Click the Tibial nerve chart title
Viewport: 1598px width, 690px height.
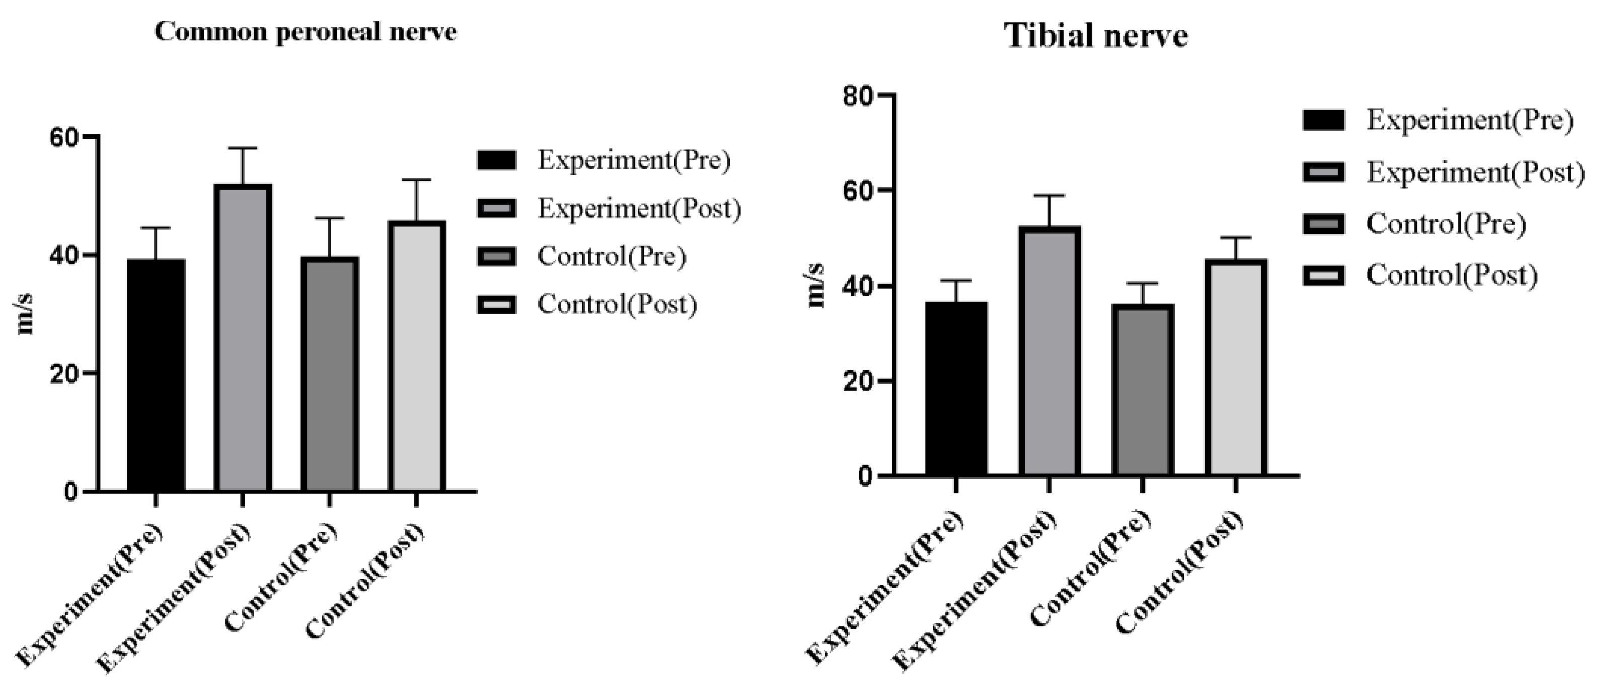1096,35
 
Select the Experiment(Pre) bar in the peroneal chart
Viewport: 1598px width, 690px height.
156,375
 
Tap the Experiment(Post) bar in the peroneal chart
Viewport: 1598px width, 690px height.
243,338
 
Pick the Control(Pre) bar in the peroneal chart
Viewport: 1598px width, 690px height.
329,374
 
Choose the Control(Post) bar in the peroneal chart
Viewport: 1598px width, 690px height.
416,356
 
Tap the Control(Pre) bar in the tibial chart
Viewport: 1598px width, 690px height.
1142,390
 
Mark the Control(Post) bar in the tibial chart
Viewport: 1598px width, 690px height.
1236,368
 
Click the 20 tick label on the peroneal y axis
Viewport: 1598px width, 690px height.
64,374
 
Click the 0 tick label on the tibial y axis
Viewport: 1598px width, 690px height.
865,476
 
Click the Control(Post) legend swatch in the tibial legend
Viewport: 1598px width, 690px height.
1323,275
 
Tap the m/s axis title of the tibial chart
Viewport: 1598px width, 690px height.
817,286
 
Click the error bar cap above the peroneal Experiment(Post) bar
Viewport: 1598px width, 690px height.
243,148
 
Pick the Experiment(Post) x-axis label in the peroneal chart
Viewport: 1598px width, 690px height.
177,597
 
